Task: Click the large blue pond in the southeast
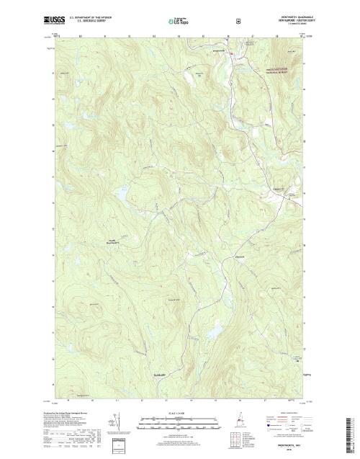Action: coord(215,332)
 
